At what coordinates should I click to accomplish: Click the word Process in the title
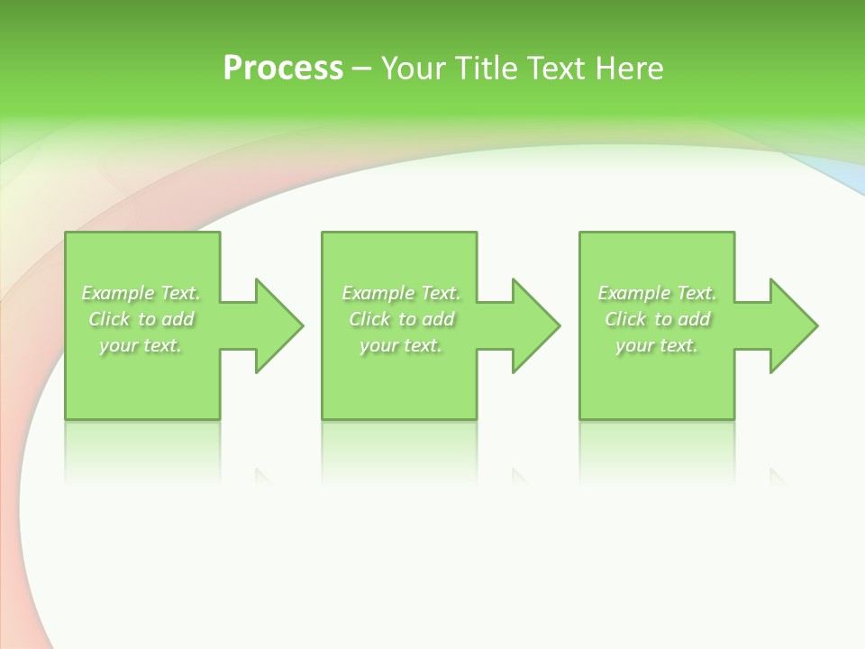coord(283,68)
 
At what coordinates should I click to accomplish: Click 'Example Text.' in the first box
coord(141,293)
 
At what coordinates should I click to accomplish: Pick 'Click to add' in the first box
coord(141,319)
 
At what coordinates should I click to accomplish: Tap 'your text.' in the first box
coord(141,345)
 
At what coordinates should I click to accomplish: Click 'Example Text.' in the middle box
coord(401,293)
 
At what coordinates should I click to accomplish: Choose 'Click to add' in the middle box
coord(401,319)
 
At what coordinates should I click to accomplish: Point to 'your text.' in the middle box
coord(401,345)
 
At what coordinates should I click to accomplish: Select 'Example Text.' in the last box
coord(657,293)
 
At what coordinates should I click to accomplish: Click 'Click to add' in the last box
coord(657,319)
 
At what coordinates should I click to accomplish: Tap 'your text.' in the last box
coord(657,345)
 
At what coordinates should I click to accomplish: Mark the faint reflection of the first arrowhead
coord(262,476)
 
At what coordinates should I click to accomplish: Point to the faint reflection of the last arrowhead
coord(777,476)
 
